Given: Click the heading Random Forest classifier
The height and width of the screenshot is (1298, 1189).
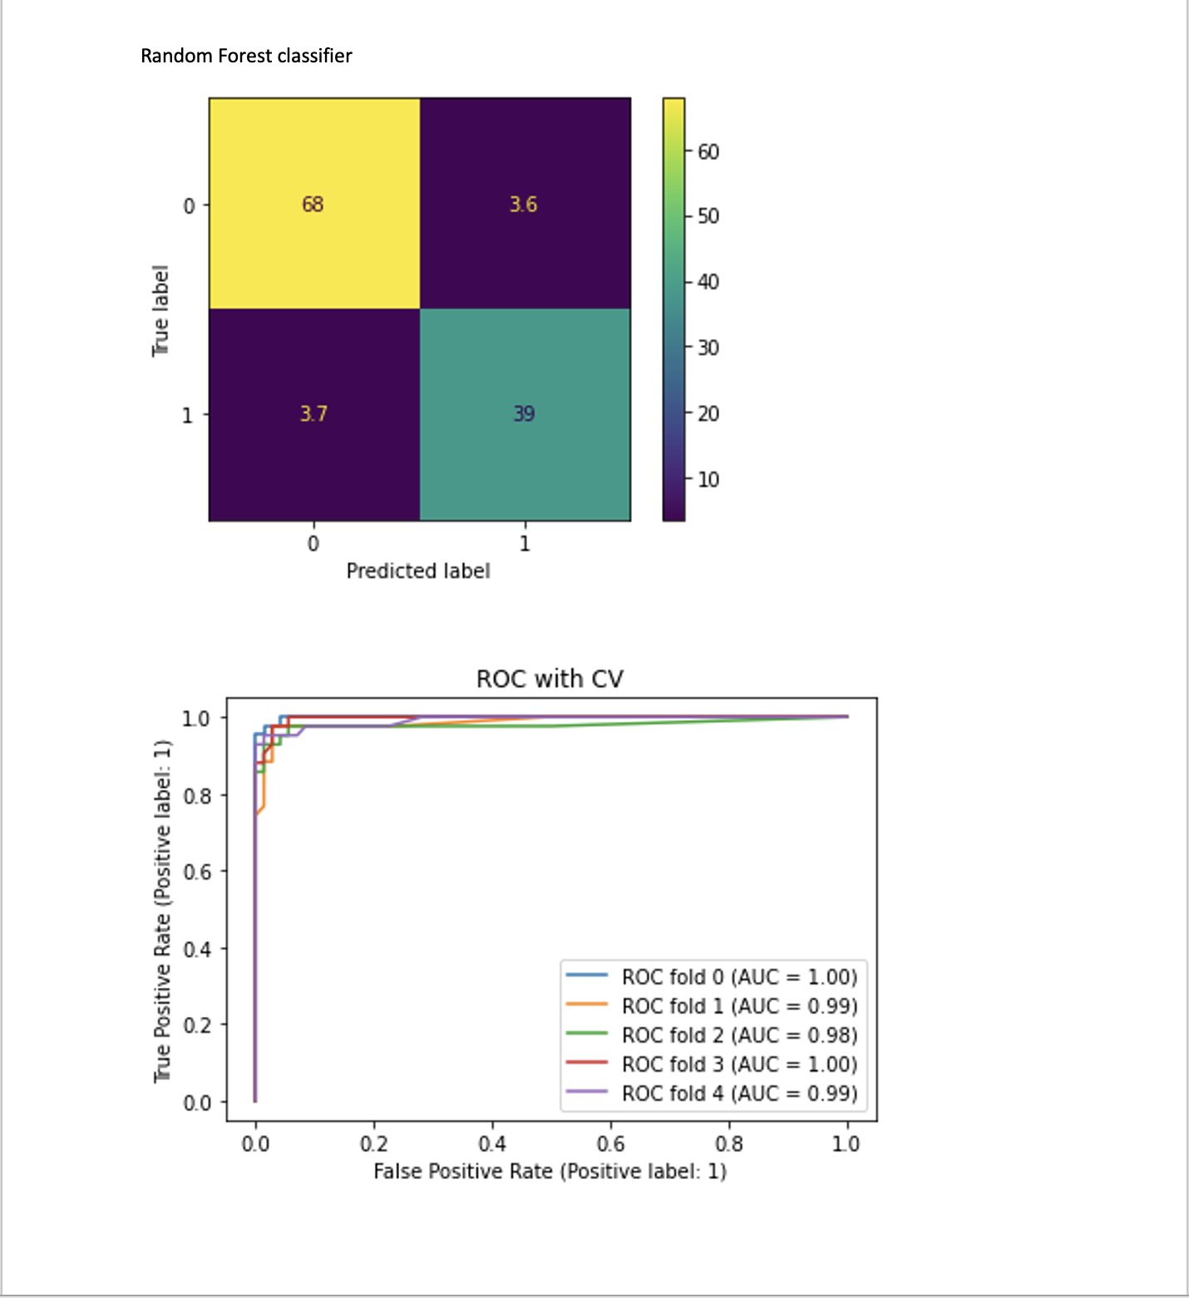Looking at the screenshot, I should click(246, 56).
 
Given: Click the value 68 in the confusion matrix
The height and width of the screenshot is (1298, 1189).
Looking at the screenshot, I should click(313, 204).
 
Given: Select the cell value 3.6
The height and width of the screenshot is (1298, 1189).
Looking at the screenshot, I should click(523, 204).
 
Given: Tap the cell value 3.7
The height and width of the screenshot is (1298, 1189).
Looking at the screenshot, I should click(313, 413).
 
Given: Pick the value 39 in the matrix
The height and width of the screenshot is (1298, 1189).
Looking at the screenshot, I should click(524, 413).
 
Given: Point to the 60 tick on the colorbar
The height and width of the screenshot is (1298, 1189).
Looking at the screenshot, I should click(708, 151).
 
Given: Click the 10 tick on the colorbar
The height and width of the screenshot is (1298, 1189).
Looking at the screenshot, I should click(708, 479).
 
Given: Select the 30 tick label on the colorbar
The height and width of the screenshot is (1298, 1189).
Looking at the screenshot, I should click(708, 348).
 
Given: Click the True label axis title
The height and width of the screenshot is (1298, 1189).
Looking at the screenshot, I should click(160, 311).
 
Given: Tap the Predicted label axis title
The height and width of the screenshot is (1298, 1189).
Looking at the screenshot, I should click(418, 570).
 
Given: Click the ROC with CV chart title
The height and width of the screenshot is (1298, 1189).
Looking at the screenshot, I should click(550, 679).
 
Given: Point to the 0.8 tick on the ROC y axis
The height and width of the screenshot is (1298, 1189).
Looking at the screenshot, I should click(197, 796).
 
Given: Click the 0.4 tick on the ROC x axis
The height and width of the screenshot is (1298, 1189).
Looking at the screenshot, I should click(492, 1144).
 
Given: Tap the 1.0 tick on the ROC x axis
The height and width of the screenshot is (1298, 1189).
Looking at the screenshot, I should click(846, 1144).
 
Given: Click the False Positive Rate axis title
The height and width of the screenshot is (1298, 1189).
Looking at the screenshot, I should click(550, 1171).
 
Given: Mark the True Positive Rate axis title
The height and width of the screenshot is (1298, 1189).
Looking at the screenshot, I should click(162, 911).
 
